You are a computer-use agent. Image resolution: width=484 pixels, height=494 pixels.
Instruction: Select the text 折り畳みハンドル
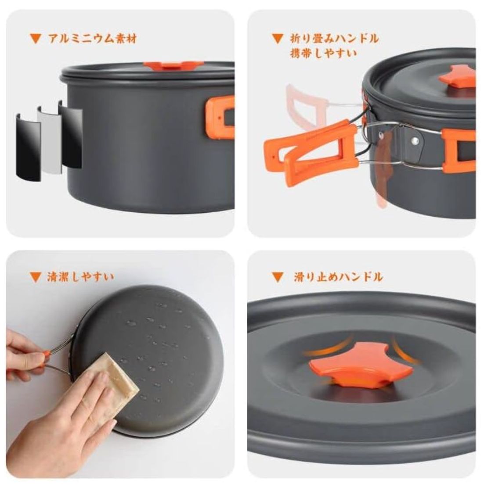(x=334, y=38)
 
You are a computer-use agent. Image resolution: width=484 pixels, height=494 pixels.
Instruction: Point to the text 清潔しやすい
(x=80, y=276)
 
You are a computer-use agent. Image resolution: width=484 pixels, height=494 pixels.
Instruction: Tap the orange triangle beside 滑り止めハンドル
(x=277, y=277)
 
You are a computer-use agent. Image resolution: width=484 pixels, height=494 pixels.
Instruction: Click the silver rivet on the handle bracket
(x=414, y=141)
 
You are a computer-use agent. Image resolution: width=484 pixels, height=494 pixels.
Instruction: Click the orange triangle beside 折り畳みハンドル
(x=277, y=39)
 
